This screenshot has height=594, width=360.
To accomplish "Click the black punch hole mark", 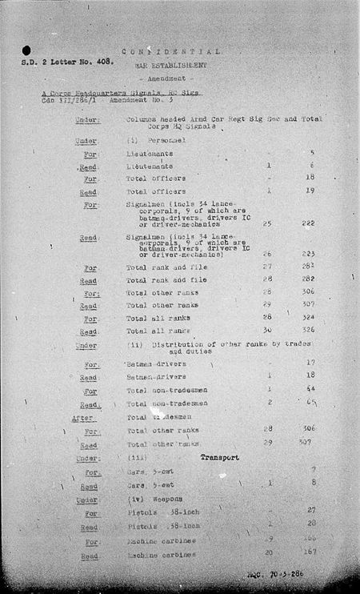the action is [x=27, y=50].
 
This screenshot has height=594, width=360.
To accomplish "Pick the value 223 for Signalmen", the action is [x=310, y=254].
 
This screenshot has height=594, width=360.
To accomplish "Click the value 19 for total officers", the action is [x=311, y=191].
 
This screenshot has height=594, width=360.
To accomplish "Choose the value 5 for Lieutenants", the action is [x=312, y=153].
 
